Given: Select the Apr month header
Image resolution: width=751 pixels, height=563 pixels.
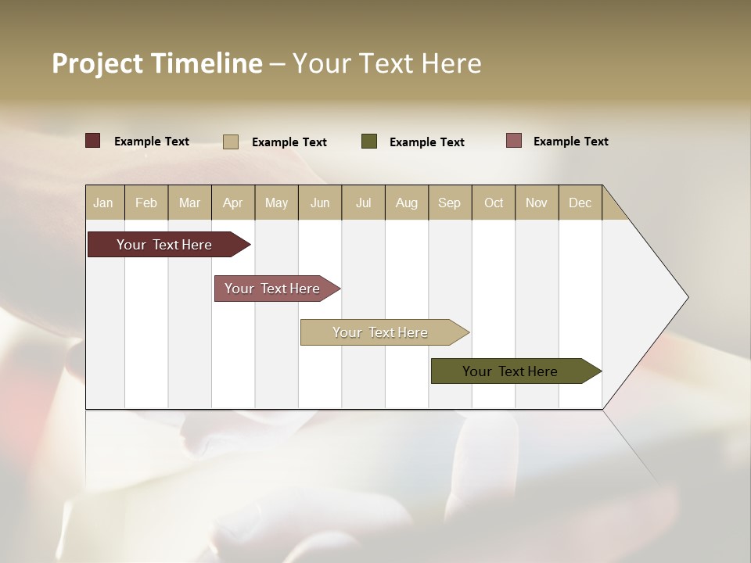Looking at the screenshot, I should (233, 203).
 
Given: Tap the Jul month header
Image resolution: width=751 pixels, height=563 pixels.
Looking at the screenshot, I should (363, 203).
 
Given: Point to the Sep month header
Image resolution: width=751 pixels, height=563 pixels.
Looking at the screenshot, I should (450, 203).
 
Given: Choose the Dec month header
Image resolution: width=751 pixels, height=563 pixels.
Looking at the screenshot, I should (580, 203).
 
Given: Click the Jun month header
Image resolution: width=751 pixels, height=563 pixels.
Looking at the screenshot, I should (320, 203).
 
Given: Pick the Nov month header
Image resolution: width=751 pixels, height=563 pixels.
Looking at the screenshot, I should (537, 203).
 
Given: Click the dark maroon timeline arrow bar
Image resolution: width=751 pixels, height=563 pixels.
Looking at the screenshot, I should (164, 245).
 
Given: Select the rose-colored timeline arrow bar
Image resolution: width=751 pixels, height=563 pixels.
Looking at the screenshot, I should (272, 289).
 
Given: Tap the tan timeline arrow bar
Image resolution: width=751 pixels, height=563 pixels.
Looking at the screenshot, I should (380, 332).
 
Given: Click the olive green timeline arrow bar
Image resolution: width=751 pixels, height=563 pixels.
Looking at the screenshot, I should (510, 371).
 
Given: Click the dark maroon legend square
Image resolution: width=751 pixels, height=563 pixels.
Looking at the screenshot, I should (93, 141).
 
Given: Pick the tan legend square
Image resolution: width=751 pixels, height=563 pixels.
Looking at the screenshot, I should (230, 142).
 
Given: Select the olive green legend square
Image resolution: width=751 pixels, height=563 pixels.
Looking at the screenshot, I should (369, 142).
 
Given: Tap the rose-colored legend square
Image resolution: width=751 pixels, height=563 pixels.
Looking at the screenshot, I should (514, 141).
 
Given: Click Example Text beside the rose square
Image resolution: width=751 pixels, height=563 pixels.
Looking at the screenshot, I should (570, 142).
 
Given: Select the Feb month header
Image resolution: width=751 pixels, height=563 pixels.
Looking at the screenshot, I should (146, 203).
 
